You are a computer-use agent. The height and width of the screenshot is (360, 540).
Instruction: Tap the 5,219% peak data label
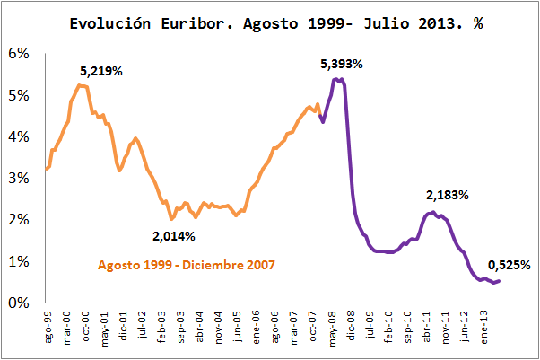coord(101,70)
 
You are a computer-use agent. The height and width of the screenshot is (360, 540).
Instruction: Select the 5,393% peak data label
coord(342,64)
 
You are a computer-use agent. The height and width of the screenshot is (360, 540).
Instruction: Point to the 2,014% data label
coord(174,236)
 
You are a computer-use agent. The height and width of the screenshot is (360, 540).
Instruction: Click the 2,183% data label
coord(447,194)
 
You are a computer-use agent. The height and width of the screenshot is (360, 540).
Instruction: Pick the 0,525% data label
coord(509,265)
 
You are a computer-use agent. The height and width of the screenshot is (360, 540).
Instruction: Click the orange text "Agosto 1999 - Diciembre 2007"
coord(186,266)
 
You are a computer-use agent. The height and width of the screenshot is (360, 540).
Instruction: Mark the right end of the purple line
coord(499,281)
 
